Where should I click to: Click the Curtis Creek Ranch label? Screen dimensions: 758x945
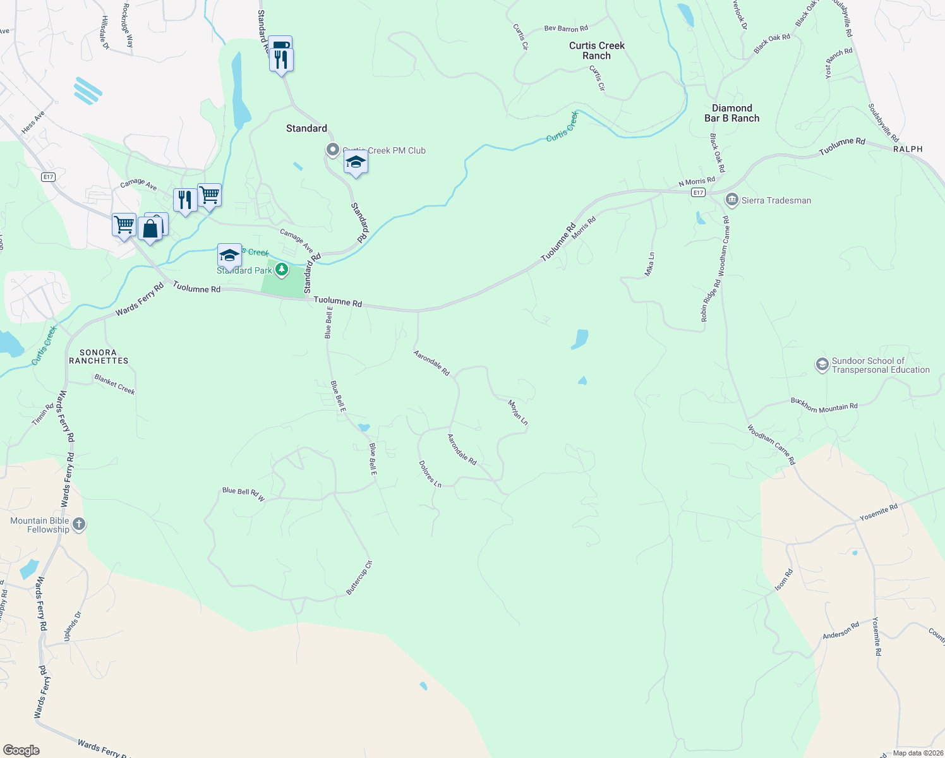[596, 51]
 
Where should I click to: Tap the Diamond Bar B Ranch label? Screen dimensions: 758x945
[731, 113]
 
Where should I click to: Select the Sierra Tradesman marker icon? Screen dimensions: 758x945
[731, 200]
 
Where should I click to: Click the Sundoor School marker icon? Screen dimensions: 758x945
[822, 365]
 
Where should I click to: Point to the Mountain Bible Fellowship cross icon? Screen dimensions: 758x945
[79, 524]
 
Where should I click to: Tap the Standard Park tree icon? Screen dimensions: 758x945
[282, 270]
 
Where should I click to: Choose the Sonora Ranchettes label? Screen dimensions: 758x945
[99, 357]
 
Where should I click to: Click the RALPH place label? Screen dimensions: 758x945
[908, 149]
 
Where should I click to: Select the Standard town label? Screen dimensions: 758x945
[306, 128]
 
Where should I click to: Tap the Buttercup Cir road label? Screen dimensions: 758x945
[359, 577]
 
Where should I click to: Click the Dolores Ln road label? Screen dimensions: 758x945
[430, 474]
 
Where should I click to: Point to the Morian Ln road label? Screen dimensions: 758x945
[518, 412]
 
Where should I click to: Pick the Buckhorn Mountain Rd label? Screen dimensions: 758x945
[824, 405]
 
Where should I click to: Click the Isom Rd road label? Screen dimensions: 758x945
[783, 581]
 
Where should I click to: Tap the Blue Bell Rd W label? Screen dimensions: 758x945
[244, 493]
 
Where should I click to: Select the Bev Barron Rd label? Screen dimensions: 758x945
[566, 28]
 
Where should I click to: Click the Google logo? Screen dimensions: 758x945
[21, 750]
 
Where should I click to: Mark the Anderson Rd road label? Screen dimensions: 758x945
[841, 630]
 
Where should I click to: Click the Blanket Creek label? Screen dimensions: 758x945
[115, 384]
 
